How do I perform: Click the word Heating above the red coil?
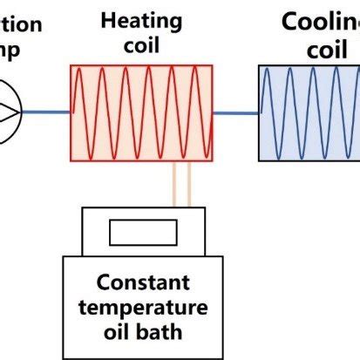[141, 19]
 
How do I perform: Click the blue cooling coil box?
[309, 112]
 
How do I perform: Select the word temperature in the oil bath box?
[152, 308]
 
